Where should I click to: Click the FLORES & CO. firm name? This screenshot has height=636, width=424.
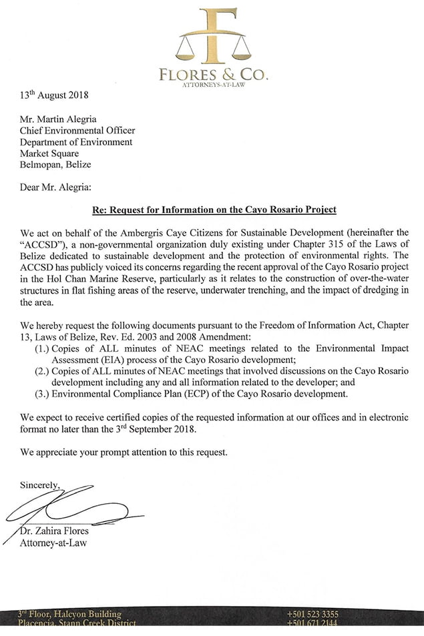coord(213,75)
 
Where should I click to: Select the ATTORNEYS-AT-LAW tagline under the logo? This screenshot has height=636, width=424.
coord(213,87)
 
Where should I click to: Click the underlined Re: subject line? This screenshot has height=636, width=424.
coord(213,210)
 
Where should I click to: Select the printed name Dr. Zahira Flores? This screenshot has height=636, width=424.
coord(58,531)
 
